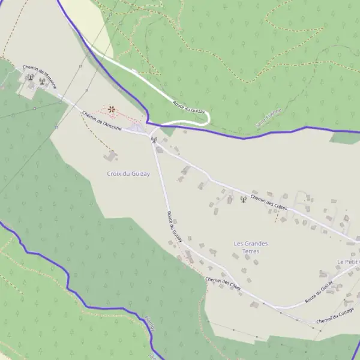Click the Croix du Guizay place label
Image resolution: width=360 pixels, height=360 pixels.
click(x=128, y=173)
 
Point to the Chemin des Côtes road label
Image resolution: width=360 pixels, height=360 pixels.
click(x=223, y=284)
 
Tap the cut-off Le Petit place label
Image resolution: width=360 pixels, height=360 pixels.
click(x=347, y=262)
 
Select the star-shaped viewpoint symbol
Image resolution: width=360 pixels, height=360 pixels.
click(x=112, y=109)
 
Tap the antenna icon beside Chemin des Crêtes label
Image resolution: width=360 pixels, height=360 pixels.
click(x=243, y=199)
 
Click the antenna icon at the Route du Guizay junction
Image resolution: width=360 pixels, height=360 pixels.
click(x=154, y=140)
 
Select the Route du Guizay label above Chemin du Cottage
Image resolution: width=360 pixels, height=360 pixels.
click(x=319, y=290)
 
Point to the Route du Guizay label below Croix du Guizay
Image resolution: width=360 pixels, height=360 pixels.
click(x=175, y=227)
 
